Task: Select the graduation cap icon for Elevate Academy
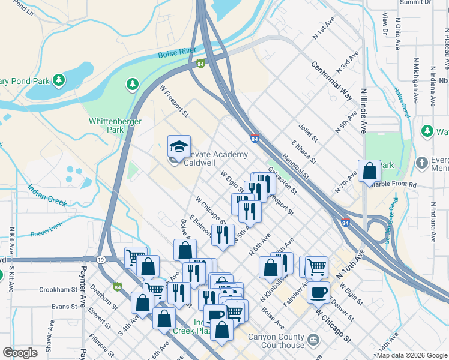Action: [x=178, y=146]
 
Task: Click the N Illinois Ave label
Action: [x=363, y=110]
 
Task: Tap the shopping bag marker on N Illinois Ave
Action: [x=369, y=171]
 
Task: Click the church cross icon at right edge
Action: [x=422, y=162]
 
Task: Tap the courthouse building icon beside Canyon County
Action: [x=313, y=341]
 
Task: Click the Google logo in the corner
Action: [x=20, y=353]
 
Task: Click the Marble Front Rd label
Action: [x=394, y=185]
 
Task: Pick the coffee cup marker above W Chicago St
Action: [x=318, y=292]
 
